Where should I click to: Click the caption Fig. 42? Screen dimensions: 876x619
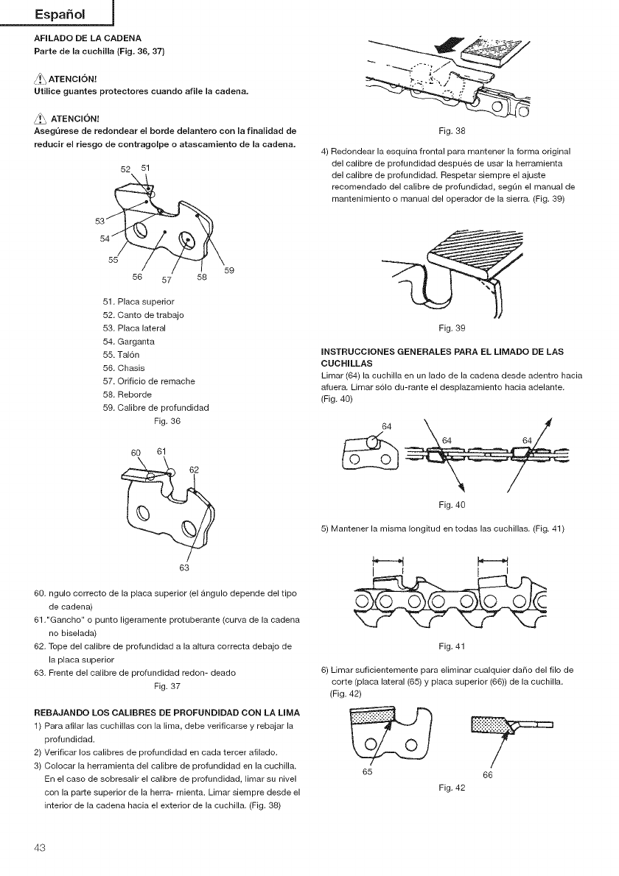(x=450, y=788)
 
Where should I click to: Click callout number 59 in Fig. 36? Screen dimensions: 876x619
(x=229, y=270)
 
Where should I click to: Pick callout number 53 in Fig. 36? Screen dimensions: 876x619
(x=100, y=220)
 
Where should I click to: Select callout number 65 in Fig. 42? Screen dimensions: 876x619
(x=367, y=773)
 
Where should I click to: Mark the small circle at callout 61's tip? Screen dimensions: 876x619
(x=170, y=473)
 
